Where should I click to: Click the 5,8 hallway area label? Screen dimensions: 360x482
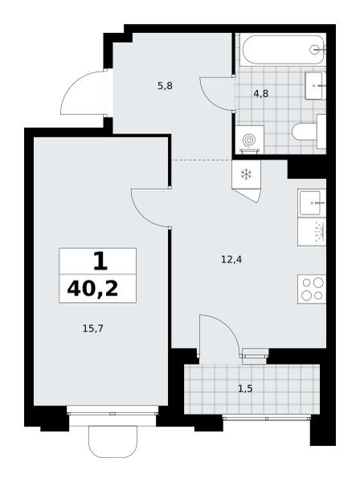pyautogui.click(x=165, y=86)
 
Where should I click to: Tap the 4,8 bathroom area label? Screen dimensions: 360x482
pyautogui.click(x=260, y=93)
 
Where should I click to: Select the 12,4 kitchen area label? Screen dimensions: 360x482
pyautogui.click(x=231, y=259)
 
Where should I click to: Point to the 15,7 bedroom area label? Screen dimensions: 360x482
pyautogui.click(x=93, y=329)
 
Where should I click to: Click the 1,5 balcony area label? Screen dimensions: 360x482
pyautogui.click(x=245, y=389)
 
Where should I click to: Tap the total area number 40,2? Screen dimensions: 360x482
pyautogui.click(x=92, y=289)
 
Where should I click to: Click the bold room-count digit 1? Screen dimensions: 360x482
pyautogui.click(x=100, y=261)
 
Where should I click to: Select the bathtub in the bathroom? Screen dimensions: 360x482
pyautogui.click(x=283, y=50)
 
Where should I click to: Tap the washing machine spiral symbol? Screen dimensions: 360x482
pyautogui.click(x=249, y=140)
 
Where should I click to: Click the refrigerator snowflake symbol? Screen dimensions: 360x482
pyautogui.click(x=246, y=174)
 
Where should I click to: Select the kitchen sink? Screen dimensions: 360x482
pyautogui.click(x=311, y=203)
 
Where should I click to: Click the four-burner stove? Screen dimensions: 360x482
pyautogui.click(x=312, y=289)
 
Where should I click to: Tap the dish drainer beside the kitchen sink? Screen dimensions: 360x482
pyautogui.click(x=312, y=231)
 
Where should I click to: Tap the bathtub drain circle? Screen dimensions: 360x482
pyautogui.click(x=314, y=49)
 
